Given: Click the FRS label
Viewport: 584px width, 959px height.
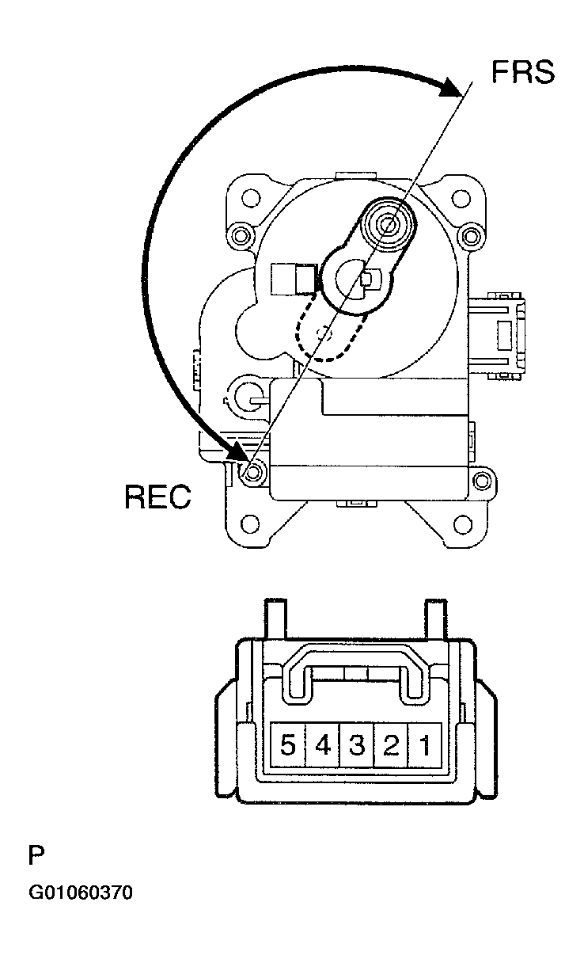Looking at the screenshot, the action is [x=523, y=71].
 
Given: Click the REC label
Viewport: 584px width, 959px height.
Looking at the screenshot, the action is [x=157, y=497].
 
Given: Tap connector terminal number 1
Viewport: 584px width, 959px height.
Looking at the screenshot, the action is [x=425, y=745].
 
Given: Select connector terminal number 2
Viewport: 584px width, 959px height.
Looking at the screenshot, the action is [x=391, y=745].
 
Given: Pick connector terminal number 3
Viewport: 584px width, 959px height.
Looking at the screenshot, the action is [x=356, y=745].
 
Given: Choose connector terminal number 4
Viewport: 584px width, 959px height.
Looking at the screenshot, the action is [x=323, y=745].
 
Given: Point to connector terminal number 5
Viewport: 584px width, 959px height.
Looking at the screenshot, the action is [x=288, y=745].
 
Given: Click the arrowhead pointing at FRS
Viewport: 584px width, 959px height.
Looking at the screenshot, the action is [x=451, y=88].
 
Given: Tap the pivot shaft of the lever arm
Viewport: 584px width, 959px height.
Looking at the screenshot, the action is [x=389, y=223].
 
